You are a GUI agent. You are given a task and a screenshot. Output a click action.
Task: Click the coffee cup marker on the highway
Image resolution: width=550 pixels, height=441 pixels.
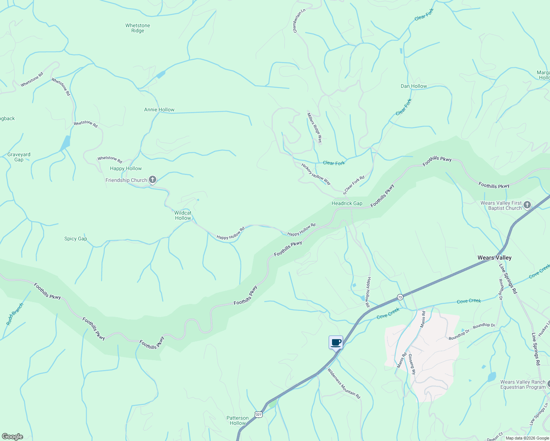[336, 342]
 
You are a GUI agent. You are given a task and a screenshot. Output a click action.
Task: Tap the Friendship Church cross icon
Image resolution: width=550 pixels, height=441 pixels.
[153, 180]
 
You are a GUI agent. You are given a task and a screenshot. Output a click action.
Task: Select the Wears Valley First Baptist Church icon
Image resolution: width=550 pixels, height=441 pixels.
[527, 205]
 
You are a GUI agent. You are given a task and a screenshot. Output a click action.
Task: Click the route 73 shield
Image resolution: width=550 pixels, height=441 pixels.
[400, 297]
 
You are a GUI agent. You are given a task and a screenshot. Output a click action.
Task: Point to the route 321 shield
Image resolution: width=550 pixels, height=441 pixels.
[258, 415]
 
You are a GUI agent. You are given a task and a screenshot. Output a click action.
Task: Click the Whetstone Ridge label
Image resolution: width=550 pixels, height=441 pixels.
[137, 28]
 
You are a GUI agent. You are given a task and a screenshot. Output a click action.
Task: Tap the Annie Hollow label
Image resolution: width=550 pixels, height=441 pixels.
[159, 110]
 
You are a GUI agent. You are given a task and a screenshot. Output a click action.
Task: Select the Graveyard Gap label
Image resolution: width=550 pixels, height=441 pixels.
[19, 157]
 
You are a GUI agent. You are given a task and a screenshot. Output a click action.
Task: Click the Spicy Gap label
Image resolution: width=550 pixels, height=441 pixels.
[76, 239]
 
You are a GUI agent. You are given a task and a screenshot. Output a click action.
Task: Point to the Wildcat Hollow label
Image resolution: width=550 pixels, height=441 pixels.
[183, 215]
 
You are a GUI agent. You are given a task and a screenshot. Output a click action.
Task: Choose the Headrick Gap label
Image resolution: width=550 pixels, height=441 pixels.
[347, 203]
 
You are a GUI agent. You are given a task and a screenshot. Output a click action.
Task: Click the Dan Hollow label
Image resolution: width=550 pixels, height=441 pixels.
[414, 86]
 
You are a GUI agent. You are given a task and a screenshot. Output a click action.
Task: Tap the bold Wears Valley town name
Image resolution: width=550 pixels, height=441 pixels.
[494, 258]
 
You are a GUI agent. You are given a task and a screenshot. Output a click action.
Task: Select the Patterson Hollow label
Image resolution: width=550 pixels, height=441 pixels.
[238, 420]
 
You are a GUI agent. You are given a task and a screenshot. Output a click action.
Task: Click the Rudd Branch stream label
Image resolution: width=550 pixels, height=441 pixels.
[15, 314]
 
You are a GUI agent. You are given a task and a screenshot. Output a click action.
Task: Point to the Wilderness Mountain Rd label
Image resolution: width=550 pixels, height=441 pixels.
[344, 383]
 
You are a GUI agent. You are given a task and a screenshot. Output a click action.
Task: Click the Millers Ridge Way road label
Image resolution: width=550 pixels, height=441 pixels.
[315, 128]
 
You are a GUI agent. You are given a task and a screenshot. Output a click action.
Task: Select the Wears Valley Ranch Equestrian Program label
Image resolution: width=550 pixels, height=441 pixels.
[523, 384]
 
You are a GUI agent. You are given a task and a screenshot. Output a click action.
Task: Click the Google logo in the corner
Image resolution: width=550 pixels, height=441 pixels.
[12, 437]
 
